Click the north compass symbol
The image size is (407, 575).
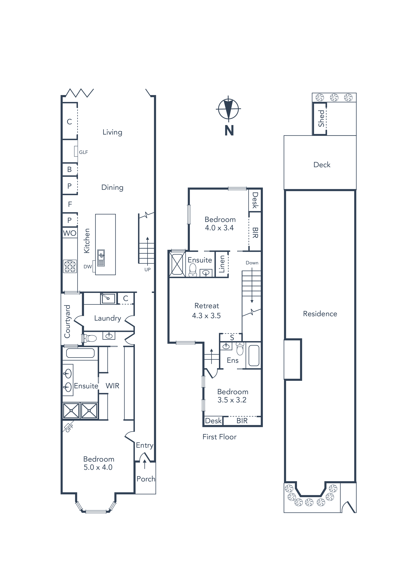(x=228, y=109)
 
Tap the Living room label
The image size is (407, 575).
(x=112, y=132)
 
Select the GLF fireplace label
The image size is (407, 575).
(x=83, y=152)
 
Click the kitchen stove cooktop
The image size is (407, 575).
(x=70, y=266)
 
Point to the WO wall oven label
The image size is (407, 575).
(x=70, y=233)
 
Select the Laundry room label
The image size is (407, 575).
(x=107, y=318)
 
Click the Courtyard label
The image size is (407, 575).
(x=67, y=321)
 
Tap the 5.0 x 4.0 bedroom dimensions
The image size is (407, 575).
(x=98, y=467)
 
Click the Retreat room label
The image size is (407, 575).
(x=207, y=306)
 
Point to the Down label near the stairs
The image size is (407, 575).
(x=252, y=263)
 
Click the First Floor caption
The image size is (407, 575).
(x=219, y=437)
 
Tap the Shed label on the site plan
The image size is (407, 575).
(x=321, y=119)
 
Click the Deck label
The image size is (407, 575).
(x=322, y=165)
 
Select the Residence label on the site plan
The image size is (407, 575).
(x=320, y=314)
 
